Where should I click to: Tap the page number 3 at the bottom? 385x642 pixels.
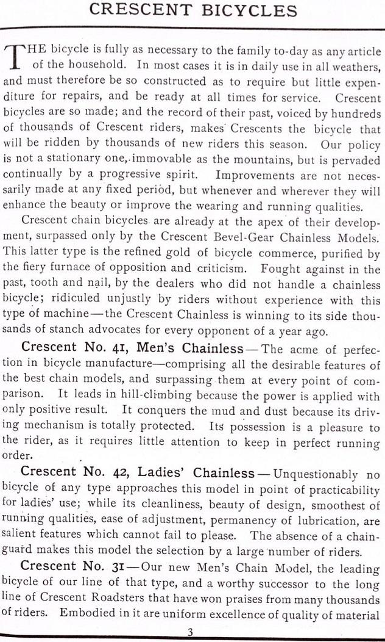[x=190, y=633]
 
